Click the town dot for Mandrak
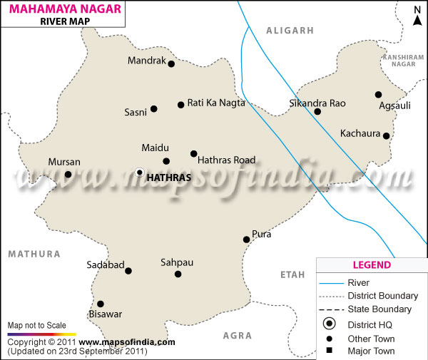coord(171,63)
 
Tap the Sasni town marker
coord(154,109)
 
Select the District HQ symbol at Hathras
coord(140,173)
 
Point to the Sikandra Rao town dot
coord(317,111)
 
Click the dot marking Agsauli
coord(378,95)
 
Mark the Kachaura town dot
coord(386,135)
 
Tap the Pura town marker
coord(246,240)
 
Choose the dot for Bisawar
coord(101,304)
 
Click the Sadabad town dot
coord(128,270)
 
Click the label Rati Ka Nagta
coord(216,103)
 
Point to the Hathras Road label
coord(226,160)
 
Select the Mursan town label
coord(64,163)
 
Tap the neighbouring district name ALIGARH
coord(290,31)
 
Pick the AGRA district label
coord(238,334)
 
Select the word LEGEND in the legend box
coord(372,265)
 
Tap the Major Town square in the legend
coord(330,351)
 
